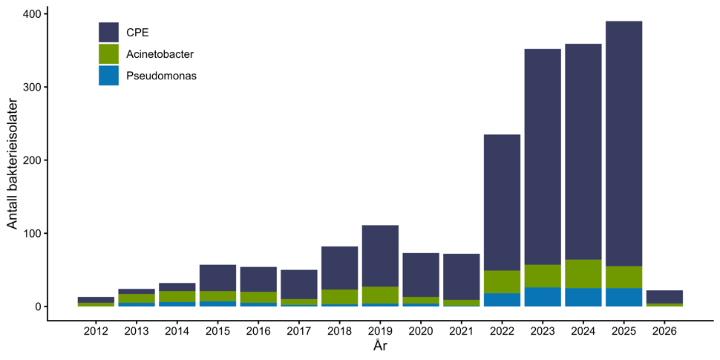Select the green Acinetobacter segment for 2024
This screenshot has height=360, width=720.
point(583,274)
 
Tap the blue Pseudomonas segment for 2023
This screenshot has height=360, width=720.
point(543,297)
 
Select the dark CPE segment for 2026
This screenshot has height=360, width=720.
point(664,297)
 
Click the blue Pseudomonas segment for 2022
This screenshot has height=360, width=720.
point(502,300)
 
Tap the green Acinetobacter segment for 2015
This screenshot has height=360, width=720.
point(217,296)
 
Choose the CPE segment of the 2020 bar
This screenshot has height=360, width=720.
point(421,275)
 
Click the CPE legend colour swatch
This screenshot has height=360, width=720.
point(108,33)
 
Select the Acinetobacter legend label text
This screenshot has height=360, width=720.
point(160,54)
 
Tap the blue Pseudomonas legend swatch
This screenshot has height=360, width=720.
point(108,75)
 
